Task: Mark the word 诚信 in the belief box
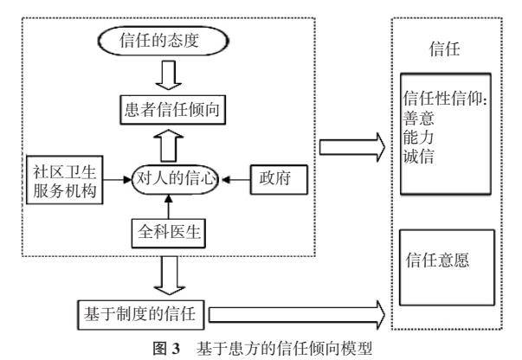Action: [418, 160]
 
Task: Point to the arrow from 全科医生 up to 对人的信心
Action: [177, 208]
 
